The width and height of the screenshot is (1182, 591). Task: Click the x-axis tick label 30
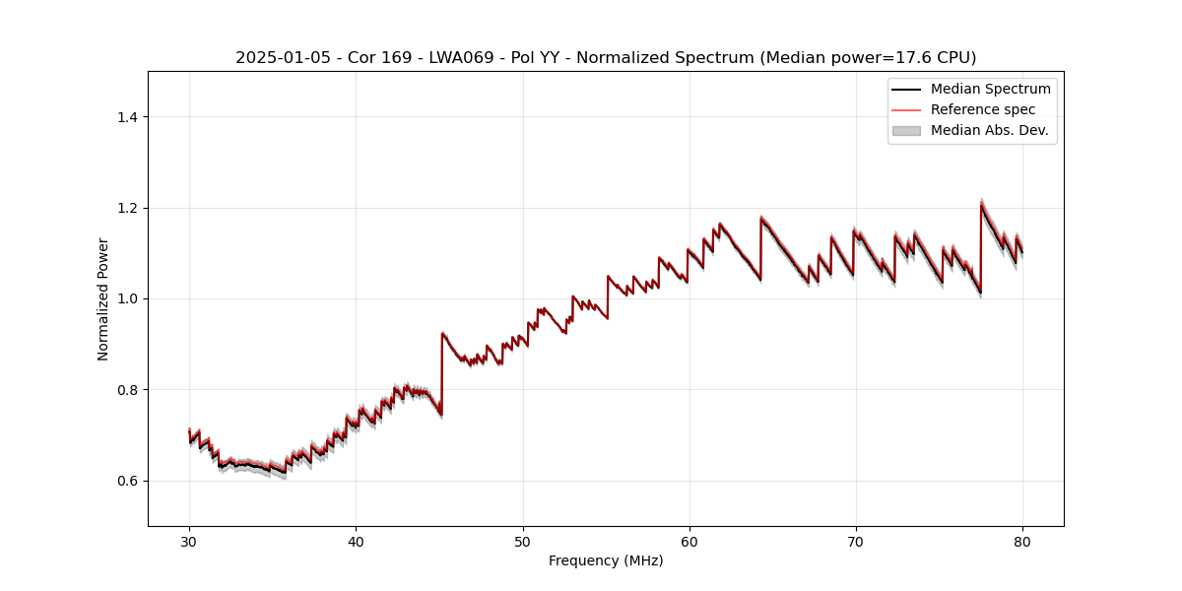[x=189, y=541]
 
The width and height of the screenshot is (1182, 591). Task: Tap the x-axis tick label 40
[x=356, y=541]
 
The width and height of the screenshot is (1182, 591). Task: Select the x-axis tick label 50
[x=523, y=541]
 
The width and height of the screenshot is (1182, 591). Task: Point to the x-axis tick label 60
[x=689, y=541]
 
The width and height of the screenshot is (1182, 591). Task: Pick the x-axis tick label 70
[x=856, y=541]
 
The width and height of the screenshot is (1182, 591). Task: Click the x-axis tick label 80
[x=1022, y=541]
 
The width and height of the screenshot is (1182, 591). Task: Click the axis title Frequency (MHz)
[x=606, y=560]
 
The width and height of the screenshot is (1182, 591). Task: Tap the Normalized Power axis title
[x=103, y=298]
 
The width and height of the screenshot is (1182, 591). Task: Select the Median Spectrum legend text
[x=990, y=89]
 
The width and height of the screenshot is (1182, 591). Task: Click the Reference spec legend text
[x=983, y=109]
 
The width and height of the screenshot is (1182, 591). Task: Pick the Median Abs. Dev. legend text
[x=989, y=130]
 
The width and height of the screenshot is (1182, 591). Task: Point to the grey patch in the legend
[x=906, y=130]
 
